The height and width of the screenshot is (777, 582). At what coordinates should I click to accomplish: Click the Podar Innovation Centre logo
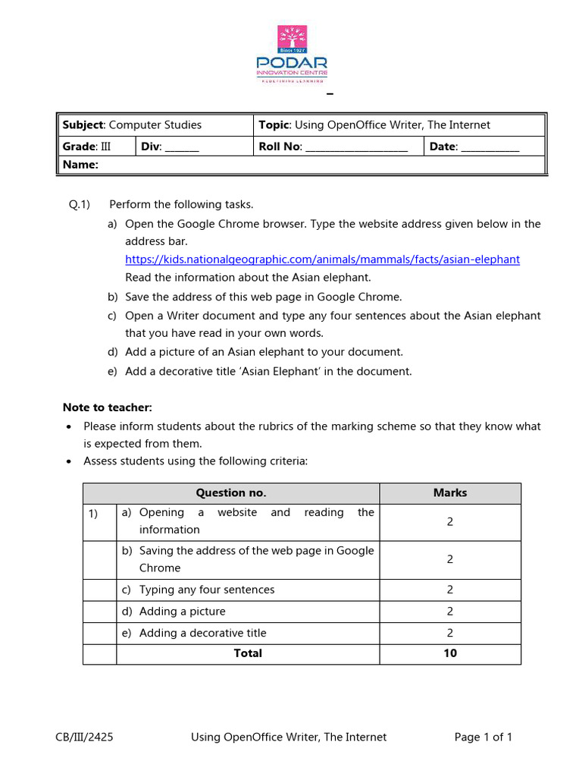tap(292, 53)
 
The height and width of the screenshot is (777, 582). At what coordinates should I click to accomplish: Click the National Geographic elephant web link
tap(322, 260)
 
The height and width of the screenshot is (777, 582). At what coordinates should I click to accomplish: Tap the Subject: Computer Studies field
tap(132, 125)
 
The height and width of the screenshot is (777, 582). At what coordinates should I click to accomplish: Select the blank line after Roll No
tap(356, 148)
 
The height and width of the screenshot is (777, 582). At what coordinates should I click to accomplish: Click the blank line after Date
tap(490, 148)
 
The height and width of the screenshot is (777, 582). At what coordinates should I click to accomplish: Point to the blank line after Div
tap(182, 148)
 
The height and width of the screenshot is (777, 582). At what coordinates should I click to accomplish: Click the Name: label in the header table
tap(80, 165)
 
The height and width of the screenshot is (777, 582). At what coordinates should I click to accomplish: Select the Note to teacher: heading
tap(107, 407)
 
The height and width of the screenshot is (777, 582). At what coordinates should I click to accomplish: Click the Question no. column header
tap(231, 493)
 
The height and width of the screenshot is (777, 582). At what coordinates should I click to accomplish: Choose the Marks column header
tap(450, 493)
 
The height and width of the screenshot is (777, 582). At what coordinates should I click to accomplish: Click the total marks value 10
tap(450, 653)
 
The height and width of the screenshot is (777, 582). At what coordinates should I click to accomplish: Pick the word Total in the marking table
tap(248, 653)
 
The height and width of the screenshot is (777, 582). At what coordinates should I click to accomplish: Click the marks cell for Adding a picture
tap(450, 612)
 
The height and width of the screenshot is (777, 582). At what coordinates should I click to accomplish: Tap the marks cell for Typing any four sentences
tap(450, 590)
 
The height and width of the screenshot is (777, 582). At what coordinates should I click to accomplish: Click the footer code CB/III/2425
tap(84, 737)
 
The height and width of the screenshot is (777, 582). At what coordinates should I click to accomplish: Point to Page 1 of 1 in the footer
tap(483, 737)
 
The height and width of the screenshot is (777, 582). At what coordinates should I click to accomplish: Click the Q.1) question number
tap(80, 205)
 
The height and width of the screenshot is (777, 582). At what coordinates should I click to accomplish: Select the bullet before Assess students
tap(70, 461)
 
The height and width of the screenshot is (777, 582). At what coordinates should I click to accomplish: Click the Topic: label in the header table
tap(274, 125)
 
